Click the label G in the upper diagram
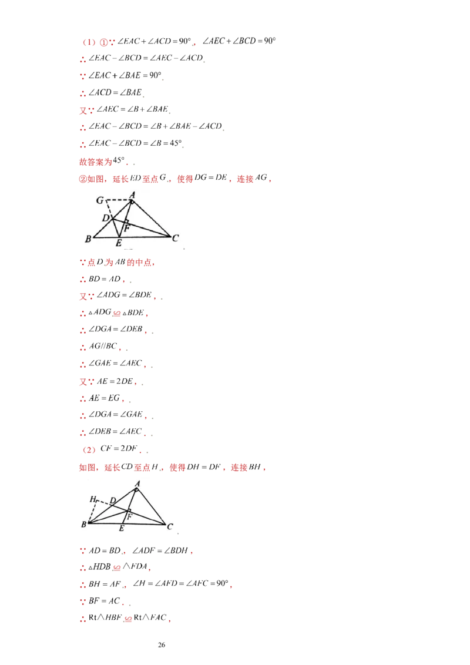100,200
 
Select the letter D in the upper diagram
105,218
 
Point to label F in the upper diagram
127,227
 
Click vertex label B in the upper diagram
88,239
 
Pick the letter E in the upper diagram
118,243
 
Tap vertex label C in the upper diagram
175,238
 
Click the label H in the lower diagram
93,499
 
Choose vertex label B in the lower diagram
83,525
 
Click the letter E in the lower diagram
122,529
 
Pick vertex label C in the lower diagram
169,526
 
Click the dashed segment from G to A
118,200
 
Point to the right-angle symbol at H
99,502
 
